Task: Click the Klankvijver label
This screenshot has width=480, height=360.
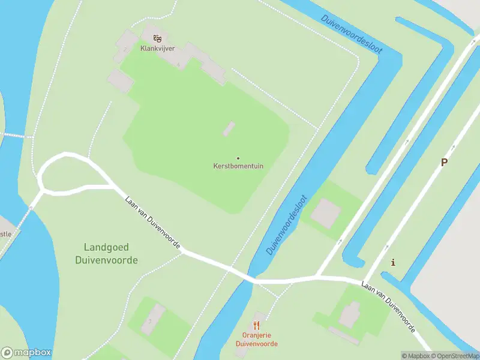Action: coord(157,49)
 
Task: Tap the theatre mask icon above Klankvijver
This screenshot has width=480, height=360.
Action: coord(157,38)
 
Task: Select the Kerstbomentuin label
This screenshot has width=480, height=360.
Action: coord(238,166)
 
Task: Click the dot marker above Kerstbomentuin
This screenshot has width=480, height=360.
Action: coord(238,158)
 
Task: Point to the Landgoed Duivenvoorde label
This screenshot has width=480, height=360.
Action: coord(107,254)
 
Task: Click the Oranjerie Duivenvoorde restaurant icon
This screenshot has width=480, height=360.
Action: coord(256,325)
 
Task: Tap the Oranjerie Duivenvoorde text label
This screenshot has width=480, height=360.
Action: coord(256,340)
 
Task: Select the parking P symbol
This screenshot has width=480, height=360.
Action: coord(444,163)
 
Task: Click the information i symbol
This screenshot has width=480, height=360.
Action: coord(393,262)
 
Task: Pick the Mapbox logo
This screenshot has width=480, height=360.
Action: coord(26,353)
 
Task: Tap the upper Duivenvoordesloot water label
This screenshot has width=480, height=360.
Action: coord(352,37)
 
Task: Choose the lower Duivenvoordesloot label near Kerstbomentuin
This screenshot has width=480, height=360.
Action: coord(287,224)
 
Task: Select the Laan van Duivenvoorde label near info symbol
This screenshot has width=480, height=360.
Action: coord(389,306)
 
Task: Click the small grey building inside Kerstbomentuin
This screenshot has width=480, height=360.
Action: coord(229,129)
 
